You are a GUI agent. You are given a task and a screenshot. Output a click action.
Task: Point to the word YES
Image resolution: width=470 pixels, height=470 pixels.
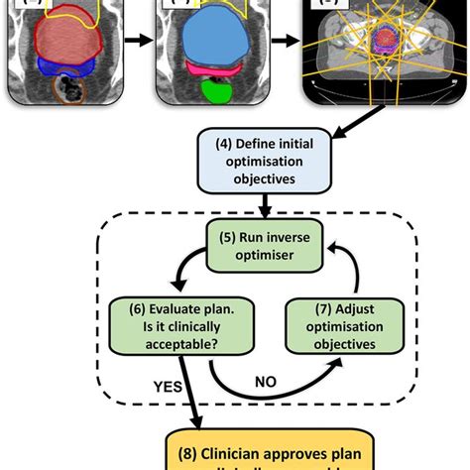coord(170,384)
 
